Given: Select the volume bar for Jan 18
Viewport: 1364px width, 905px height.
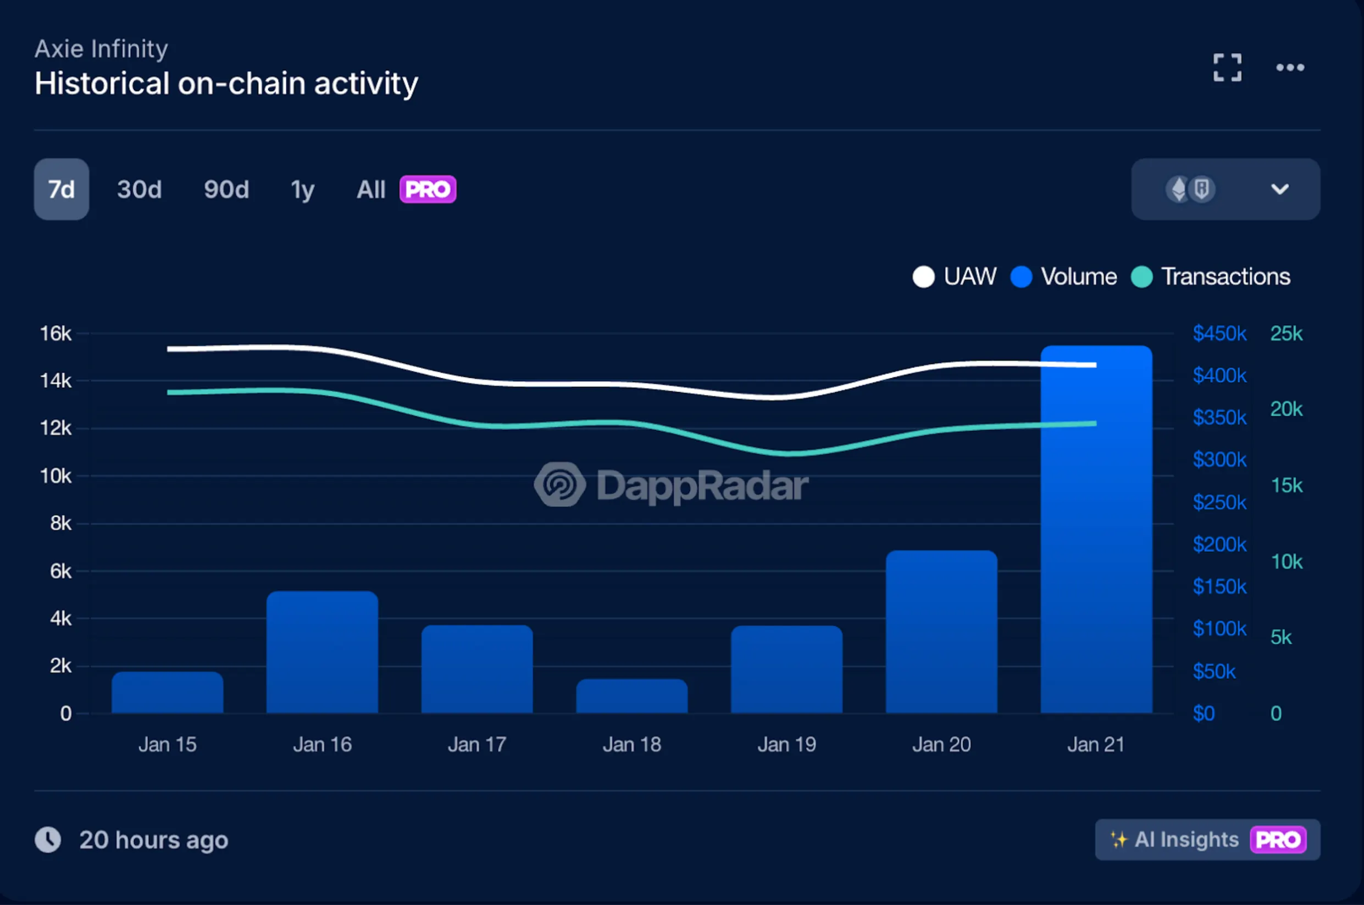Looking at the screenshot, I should (x=632, y=696).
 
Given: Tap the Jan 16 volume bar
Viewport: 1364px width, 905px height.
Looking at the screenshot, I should (x=322, y=652).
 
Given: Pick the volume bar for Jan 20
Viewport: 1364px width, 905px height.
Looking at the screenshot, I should (x=941, y=632).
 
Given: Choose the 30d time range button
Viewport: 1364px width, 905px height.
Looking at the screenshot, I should (x=139, y=189).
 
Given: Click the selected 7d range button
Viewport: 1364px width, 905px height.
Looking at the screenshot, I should (x=61, y=189).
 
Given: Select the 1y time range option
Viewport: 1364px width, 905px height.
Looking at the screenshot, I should (x=303, y=189).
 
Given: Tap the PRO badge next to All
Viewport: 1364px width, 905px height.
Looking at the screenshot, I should (x=428, y=189).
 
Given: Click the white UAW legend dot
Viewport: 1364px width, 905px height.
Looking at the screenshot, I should (x=923, y=276).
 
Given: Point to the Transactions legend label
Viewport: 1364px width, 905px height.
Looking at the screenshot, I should (x=1226, y=276).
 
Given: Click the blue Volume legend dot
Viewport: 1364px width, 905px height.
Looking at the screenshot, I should (x=1021, y=276).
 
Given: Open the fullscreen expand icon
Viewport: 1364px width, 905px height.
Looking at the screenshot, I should (x=1227, y=68).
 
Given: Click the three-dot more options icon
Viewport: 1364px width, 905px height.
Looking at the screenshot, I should (x=1289, y=68).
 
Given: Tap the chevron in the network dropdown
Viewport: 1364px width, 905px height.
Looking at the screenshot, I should (x=1280, y=189).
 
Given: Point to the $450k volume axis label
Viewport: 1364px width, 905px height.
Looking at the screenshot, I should (x=1219, y=333).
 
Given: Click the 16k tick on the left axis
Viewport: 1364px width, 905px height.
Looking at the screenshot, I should (x=56, y=333).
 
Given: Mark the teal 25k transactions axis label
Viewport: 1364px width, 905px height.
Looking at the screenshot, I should (x=1286, y=333).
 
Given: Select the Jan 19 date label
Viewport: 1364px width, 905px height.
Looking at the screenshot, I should (x=786, y=745).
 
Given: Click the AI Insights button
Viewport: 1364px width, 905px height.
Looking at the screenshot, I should (x=1207, y=839).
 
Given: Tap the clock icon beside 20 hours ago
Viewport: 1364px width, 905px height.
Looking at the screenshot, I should (x=48, y=840).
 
